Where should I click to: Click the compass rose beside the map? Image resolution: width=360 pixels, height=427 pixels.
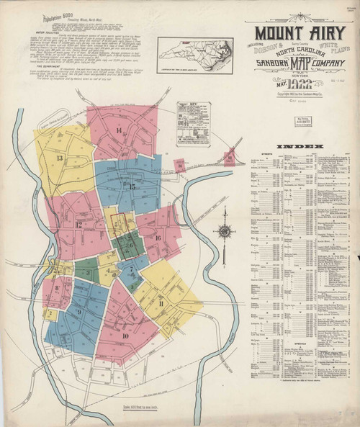coord(225,232)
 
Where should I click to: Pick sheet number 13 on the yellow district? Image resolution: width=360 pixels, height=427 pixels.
coord(60,158)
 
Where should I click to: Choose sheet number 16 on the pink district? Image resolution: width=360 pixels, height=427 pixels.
coord(156,237)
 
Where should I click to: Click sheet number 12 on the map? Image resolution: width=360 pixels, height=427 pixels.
coord(78,225)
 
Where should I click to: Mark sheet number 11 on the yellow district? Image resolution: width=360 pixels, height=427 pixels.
coord(161,304)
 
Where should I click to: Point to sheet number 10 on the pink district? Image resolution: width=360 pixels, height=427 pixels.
coord(125,336)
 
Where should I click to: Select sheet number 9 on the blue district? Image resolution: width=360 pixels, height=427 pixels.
coord(78,313)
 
